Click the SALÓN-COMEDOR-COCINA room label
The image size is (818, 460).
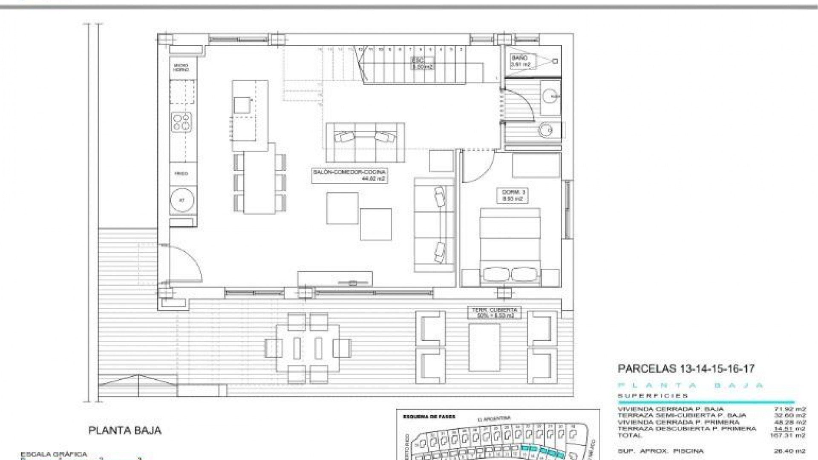tap(349, 175)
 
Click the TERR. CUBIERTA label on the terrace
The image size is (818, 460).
tap(495, 313)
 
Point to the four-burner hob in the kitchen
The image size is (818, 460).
tap(182, 121)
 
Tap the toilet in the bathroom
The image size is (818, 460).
tap(547, 130)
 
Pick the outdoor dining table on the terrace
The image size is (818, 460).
tap(308, 348)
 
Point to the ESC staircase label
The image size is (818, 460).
tap(422, 63)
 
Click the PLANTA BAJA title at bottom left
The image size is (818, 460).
tap(125, 430)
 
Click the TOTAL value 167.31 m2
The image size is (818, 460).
tap(788, 436)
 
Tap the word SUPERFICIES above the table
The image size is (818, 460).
tap(653, 396)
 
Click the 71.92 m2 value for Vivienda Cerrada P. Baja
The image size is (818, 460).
tap(790, 409)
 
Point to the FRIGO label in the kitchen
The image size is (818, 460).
tap(181, 174)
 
